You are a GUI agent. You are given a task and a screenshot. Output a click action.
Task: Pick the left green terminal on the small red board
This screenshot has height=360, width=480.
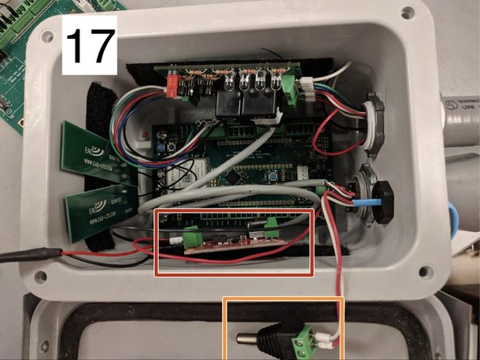point(192,238)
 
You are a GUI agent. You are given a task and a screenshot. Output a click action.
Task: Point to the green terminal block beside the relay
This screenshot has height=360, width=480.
point(289,84)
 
